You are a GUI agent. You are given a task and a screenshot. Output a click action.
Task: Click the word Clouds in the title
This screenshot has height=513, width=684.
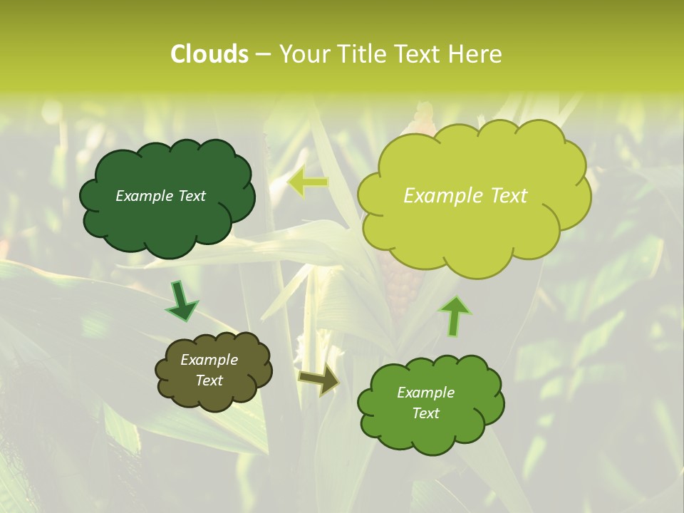pyautogui.click(x=209, y=54)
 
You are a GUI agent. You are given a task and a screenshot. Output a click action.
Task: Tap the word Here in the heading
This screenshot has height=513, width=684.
pyautogui.click(x=476, y=54)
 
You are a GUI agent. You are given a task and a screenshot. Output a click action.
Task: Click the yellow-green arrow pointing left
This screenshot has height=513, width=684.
pyautogui.click(x=308, y=182)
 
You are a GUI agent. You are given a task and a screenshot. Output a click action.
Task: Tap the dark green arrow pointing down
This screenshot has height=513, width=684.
pyautogui.click(x=181, y=301)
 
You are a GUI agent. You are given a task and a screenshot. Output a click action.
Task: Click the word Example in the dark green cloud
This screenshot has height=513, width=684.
pyautogui.click(x=143, y=196)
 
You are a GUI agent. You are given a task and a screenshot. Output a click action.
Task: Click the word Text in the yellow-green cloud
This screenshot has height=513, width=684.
pyautogui.click(x=504, y=196)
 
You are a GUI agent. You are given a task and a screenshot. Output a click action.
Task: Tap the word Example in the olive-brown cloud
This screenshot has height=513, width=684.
pyautogui.click(x=209, y=360)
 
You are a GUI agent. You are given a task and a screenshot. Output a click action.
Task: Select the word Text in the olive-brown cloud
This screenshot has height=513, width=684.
pyautogui.click(x=209, y=380)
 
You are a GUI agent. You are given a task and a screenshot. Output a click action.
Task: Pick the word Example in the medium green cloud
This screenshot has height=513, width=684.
pyautogui.click(x=425, y=393)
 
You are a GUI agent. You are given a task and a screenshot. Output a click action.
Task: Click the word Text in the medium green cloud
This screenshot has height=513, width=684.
pyautogui.click(x=425, y=413)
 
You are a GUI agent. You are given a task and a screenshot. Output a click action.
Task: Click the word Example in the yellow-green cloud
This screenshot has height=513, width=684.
pyautogui.click(x=440, y=196)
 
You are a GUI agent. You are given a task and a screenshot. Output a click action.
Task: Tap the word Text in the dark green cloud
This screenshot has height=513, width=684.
pyautogui.click(x=190, y=196)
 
